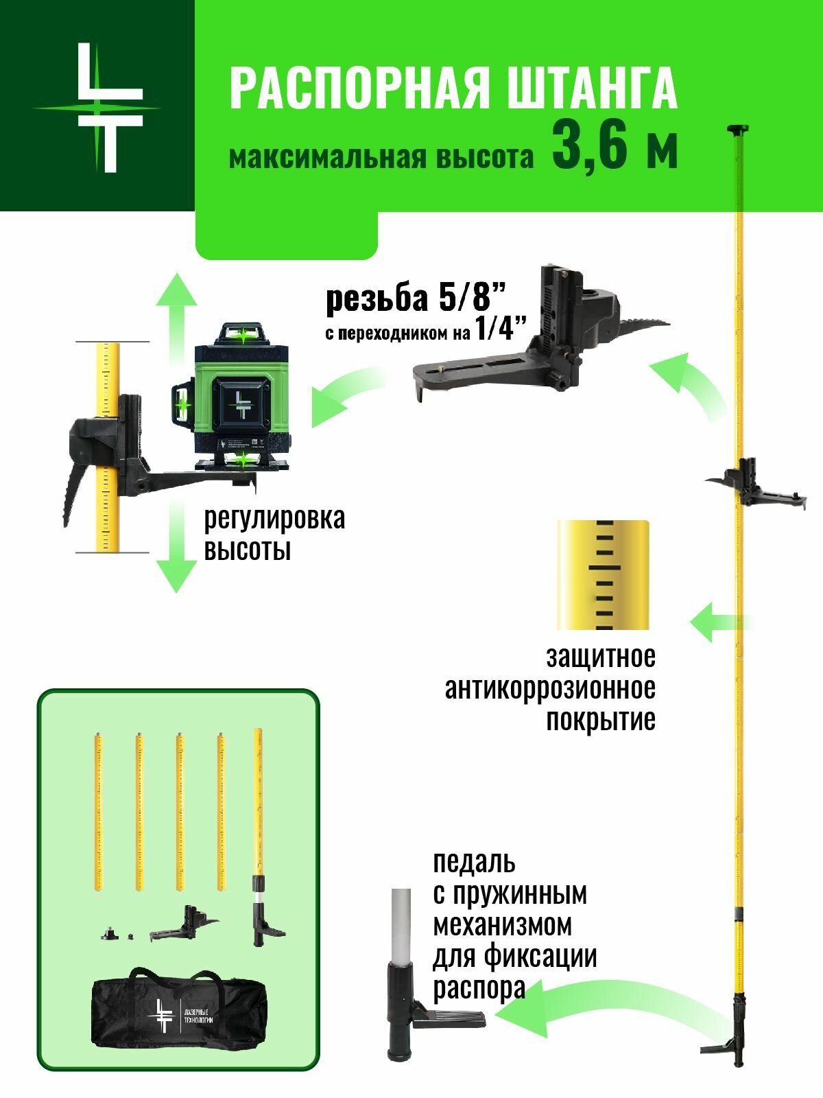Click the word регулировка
click(274, 518)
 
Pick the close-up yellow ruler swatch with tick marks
click(603, 575)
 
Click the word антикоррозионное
click(550, 688)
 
